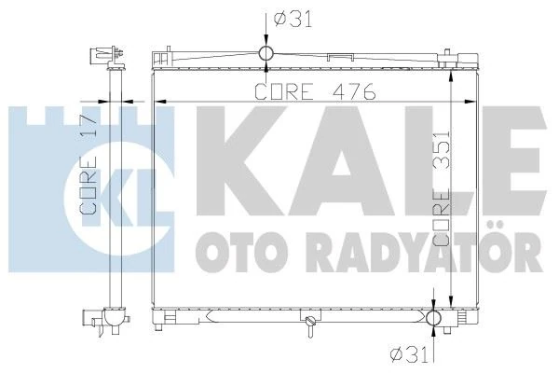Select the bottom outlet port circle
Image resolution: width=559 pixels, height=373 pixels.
click(435, 319)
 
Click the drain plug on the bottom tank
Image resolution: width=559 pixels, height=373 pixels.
click(307, 324)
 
